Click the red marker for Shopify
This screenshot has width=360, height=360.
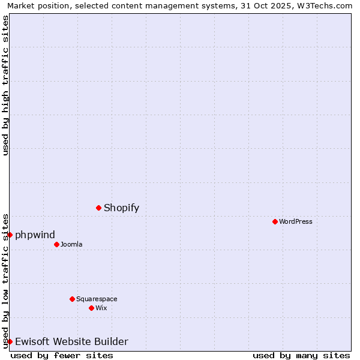(x=98, y=208)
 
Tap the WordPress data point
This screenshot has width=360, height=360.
(x=275, y=221)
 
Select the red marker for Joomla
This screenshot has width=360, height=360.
(x=56, y=244)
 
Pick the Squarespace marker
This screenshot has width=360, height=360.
(x=72, y=299)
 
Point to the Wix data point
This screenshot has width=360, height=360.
(x=91, y=308)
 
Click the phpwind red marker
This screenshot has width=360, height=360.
(x=10, y=235)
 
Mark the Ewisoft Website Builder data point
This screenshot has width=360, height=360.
(x=10, y=341)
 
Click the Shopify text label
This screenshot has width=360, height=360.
(x=121, y=208)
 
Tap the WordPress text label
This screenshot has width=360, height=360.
(x=296, y=221)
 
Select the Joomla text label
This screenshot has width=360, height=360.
(x=71, y=244)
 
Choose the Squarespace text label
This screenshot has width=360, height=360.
(x=97, y=299)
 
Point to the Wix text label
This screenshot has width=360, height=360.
(x=101, y=308)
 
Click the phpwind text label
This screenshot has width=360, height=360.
(x=35, y=235)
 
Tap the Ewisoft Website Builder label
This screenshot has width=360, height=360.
(x=71, y=341)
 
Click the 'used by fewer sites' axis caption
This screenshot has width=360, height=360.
(x=62, y=355)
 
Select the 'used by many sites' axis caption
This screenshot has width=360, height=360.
(x=301, y=355)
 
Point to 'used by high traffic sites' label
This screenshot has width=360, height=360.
(x=5, y=85)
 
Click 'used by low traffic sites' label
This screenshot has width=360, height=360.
(x=5, y=281)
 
